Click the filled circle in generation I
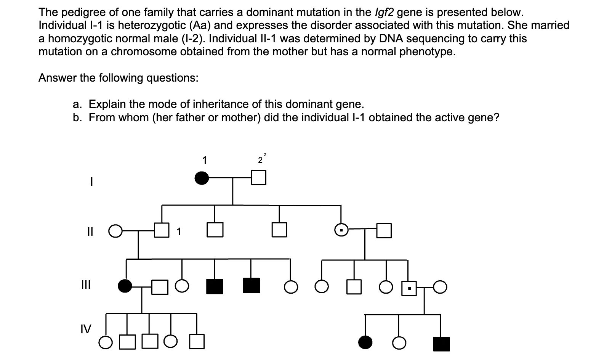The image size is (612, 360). pyautogui.click(x=202, y=178)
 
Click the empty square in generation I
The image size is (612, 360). pyautogui.click(x=258, y=178)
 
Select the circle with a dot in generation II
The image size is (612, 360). pyautogui.click(x=341, y=230)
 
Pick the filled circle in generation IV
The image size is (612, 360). pyautogui.click(x=365, y=343)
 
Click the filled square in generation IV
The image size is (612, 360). pyautogui.click(x=441, y=344)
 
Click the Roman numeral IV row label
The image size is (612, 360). pyautogui.click(x=86, y=329)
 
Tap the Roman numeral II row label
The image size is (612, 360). pyautogui.click(x=90, y=231)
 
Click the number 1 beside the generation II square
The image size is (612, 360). pyautogui.click(x=179, y=231)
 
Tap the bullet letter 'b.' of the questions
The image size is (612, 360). pyautogui.click(x=77, y=117)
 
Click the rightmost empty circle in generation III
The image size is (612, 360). pyautogui.click(x=440, y=287)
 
